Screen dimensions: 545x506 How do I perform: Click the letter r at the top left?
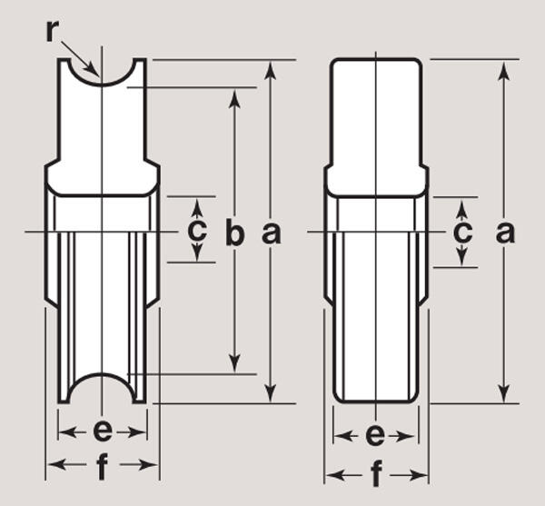[x=52, y=32]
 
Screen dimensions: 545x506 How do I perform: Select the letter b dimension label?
[x=234, y=232]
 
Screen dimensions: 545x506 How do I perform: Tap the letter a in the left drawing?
[x=271, y=233]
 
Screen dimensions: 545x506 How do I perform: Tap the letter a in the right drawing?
[x=505, y=233]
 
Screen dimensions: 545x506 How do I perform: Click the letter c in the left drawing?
[x=197, y=230]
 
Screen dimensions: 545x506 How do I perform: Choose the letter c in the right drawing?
[x=462, y=232]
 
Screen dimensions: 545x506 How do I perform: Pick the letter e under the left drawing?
[x=103, y=432]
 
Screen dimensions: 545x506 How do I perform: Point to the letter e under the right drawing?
[x=375, y=435]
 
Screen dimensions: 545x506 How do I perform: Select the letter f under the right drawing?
[x=376, y=473]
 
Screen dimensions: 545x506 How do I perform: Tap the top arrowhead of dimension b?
[x=235, y=98]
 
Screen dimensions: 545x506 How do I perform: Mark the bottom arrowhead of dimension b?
[x=235, y=364]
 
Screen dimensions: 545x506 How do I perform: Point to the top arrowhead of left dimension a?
[x=271, y=70]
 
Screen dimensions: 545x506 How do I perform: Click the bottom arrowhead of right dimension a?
[x=504, y=393]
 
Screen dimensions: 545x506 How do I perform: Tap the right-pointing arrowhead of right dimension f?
[x=419, y=474]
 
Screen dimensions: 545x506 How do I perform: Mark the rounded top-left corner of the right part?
[x=333, y=62]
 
